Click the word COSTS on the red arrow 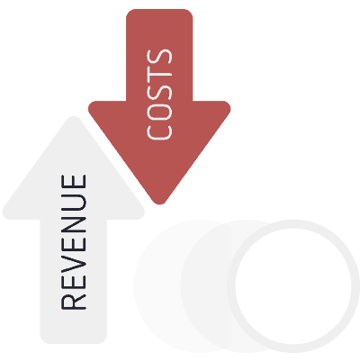point(159,95)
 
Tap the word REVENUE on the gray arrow point(74,242)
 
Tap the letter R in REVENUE point(74,302)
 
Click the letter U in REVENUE point(74,202)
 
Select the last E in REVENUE point(74,182)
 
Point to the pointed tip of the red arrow point(159,204)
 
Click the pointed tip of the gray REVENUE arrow point(74,117)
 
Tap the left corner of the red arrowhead point(90,107)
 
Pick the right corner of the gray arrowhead point(143,213)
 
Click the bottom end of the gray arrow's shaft point(74,342)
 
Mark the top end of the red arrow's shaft point(159,10)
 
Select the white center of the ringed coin point(293,285)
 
